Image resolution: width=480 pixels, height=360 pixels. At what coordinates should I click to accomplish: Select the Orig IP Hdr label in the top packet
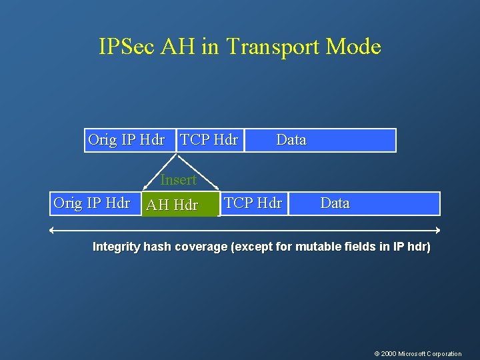126,140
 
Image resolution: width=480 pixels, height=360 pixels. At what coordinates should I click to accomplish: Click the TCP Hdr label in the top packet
209,140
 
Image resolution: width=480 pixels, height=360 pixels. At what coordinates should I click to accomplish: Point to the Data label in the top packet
291,140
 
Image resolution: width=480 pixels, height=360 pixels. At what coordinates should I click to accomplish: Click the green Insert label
178,180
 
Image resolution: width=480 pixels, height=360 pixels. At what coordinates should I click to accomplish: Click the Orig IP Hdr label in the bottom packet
91,203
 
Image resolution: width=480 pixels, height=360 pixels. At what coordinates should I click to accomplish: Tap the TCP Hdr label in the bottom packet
253,203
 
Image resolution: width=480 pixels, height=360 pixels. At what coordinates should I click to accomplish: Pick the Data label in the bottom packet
335,203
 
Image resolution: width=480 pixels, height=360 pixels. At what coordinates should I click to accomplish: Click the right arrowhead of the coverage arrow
438,230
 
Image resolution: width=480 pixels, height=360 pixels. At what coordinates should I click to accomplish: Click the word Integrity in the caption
116,247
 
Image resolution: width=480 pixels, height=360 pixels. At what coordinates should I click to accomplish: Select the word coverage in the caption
201,247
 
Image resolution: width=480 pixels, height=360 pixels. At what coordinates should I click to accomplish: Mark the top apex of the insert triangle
177,154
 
